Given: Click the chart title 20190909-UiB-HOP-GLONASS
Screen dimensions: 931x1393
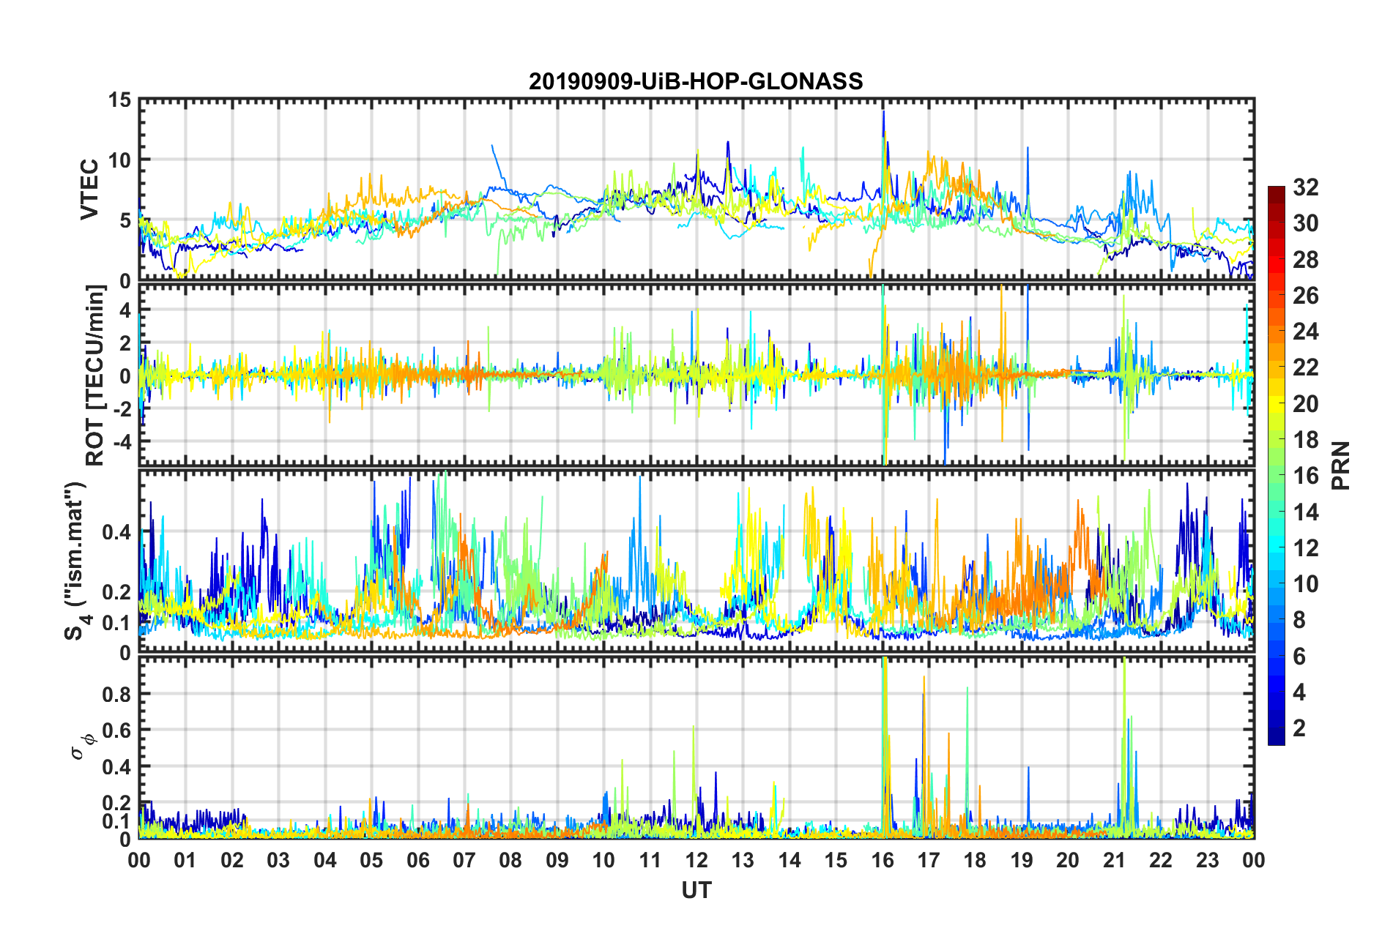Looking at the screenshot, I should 696,81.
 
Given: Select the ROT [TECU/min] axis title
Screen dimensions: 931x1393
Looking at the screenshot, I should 95,375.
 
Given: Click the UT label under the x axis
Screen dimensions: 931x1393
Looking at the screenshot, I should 696,890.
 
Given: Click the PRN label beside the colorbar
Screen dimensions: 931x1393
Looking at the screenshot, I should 1341,465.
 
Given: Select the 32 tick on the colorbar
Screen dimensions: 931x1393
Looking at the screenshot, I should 1305,187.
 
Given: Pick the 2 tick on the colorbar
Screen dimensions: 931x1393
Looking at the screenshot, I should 1299,728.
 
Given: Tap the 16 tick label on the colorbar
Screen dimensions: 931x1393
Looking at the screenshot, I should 1305,476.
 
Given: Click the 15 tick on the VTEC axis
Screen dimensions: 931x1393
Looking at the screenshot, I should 119,100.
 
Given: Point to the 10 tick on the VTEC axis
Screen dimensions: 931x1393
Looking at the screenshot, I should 119,160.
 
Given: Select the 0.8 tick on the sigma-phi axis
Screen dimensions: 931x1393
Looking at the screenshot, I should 116,694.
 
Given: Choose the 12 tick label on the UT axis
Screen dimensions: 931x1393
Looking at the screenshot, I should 696,860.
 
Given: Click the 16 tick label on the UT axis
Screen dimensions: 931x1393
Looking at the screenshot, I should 883,860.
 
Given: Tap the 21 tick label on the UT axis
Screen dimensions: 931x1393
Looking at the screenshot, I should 1114,860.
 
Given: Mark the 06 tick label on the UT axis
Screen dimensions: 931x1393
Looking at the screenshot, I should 418,860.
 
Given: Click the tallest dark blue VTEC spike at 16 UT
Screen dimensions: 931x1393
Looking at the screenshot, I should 884,112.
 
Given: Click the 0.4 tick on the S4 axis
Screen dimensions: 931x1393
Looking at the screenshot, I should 116,532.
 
